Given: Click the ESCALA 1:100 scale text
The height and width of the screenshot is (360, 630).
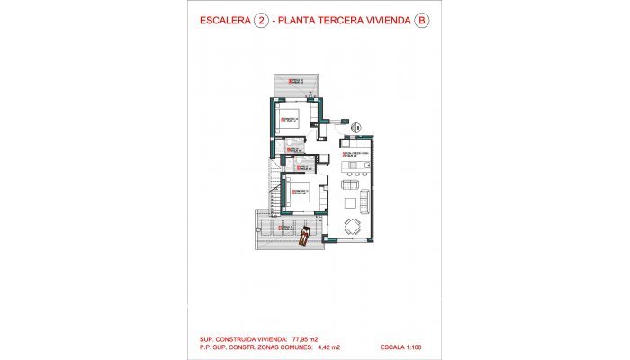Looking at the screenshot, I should click(403, 346).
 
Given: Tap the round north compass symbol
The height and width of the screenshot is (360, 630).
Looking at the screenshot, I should click(355, 128).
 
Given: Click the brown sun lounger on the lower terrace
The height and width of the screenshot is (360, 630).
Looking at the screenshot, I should click(306, 236).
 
